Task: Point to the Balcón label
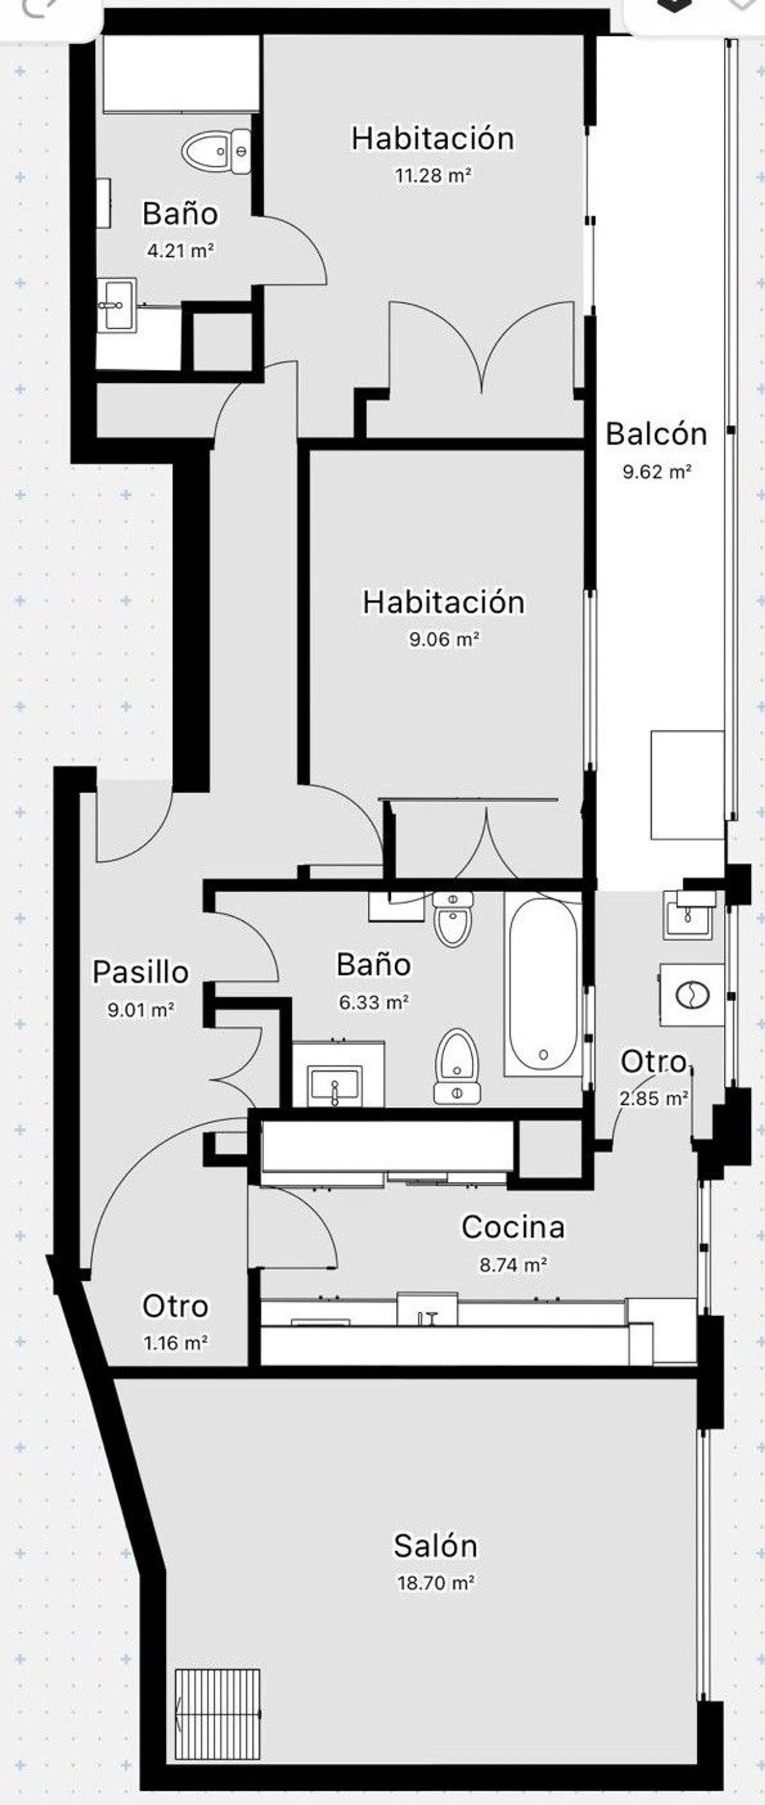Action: point(656,434)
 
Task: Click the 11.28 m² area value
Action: point(432,175)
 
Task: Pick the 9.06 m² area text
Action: point(444,639)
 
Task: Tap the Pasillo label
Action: point(141,972)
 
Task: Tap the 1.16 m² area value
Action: point(175,1343)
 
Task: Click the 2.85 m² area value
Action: point(653,1098)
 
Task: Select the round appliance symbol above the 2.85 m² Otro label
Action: point(692,994)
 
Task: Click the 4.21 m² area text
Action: point(180,250)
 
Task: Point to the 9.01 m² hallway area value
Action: point(141,1010)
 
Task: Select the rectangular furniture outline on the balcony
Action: point(687,785)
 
